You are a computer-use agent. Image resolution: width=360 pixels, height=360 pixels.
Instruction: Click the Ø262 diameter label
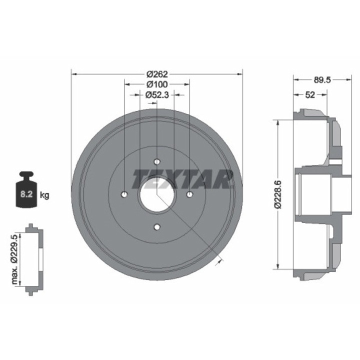click(x=157, y=74)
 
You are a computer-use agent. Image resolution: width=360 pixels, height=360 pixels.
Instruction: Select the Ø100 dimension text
click(x=157, y=84)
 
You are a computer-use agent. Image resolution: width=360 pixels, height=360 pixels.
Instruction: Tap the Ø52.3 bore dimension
click(x=157, y=95)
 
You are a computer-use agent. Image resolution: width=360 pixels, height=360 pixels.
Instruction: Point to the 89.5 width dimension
click(x=322, y=80)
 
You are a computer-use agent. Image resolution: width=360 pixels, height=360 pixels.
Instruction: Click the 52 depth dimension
click(x=310, y=95)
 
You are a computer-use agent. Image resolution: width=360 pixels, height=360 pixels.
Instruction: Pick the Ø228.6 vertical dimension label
click(x=278, y=194)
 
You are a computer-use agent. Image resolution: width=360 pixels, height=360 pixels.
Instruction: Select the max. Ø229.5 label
click(x=14, y=259)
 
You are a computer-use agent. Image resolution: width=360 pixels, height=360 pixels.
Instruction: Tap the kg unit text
click(x=44, y=195)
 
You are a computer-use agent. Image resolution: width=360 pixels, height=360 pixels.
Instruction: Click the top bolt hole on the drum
click(x=157, y=162)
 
